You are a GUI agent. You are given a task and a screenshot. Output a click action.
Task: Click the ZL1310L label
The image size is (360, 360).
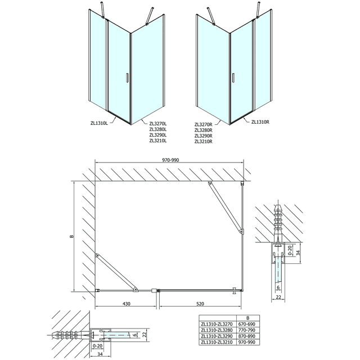click(x=99, y=123)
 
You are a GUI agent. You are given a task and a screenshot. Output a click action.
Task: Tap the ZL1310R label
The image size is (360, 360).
click(x=262, y=121)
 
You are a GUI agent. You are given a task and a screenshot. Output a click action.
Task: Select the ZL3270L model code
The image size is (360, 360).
click(x=158, y=123)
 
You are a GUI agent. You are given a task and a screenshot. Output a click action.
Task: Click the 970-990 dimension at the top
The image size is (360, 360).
click(x=171, y=159)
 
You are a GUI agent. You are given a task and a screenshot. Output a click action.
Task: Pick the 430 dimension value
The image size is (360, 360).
click(x=125, y=304)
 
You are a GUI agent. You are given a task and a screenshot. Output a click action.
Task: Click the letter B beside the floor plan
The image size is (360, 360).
click(x=71, y=236)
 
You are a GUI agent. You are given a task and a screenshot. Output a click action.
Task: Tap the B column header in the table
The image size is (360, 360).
click(x=247, y=318)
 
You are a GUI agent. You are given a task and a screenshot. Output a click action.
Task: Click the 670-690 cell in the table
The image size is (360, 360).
click(x=247, y=324)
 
